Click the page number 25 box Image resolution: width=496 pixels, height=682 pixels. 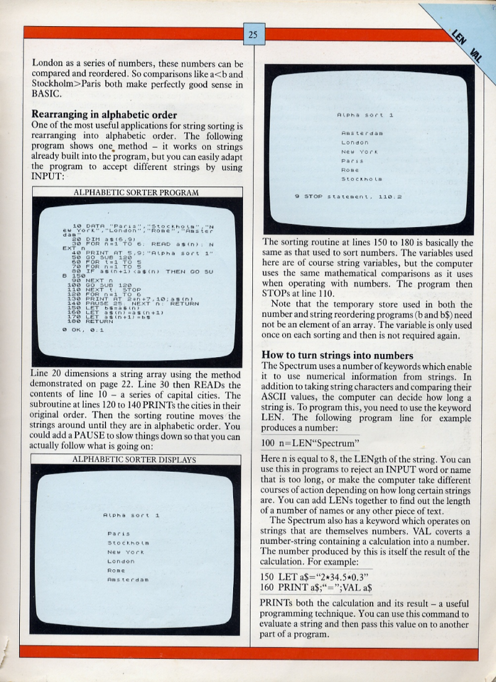(x=253, y=35)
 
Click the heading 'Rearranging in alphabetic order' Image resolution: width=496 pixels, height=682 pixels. (x=104, y=115)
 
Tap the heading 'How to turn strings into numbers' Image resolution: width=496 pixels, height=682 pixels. (x=337, y=355)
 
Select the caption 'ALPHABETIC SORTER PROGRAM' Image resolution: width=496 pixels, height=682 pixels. (x=136, y=192)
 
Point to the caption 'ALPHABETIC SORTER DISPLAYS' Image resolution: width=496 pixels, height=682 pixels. (x=135, y=459)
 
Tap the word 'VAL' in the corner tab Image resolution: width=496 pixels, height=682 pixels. (x=476, y=54)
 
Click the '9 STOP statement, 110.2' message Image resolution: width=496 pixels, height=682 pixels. (x=348, y=197)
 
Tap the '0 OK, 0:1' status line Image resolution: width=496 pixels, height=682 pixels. (x=84, y=329)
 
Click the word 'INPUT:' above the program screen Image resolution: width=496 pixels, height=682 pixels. (x=47, y=176)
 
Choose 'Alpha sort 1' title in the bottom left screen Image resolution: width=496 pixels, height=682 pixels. (x=131, y=515)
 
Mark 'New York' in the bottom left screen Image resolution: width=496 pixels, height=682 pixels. (x=126, y=551)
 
